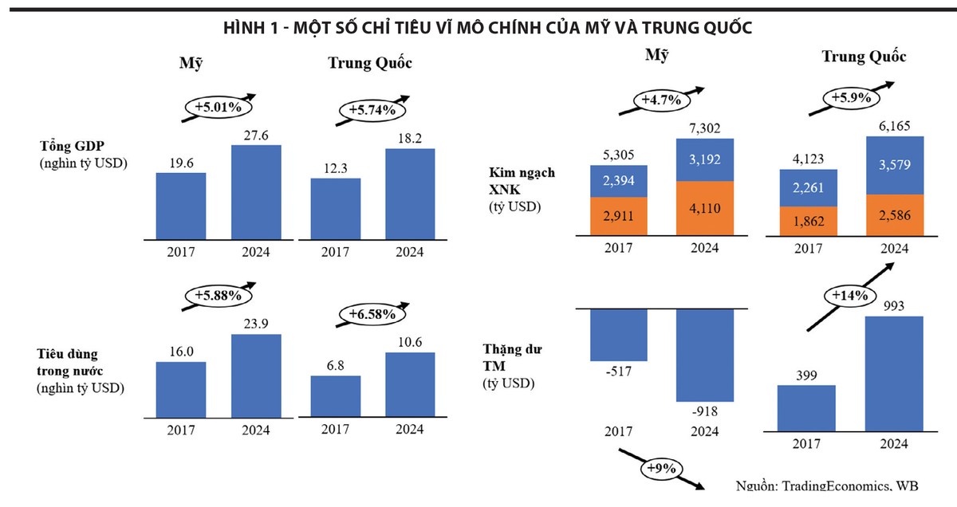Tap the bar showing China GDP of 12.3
(x=335, y=207)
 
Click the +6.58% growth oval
(x=372, y=314)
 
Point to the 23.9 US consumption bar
(x=256, y=375)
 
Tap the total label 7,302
(x=705, y=128)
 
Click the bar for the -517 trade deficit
(x=619, y=335)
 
